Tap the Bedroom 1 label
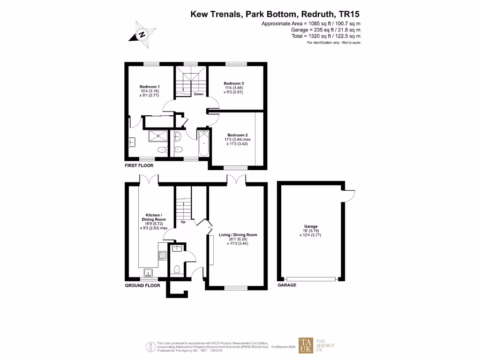[x=150, y=87]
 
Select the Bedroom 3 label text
[x=233, y=83]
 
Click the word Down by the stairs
[x=199, y=94]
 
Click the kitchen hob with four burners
[x=163, y=255]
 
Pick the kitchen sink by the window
[x=148, y=273]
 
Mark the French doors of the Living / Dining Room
[x=236, y=179]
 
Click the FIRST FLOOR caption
[x=139, y=165]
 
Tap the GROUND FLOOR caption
[x=142, y=285]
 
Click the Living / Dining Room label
[x=238, y=235]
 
